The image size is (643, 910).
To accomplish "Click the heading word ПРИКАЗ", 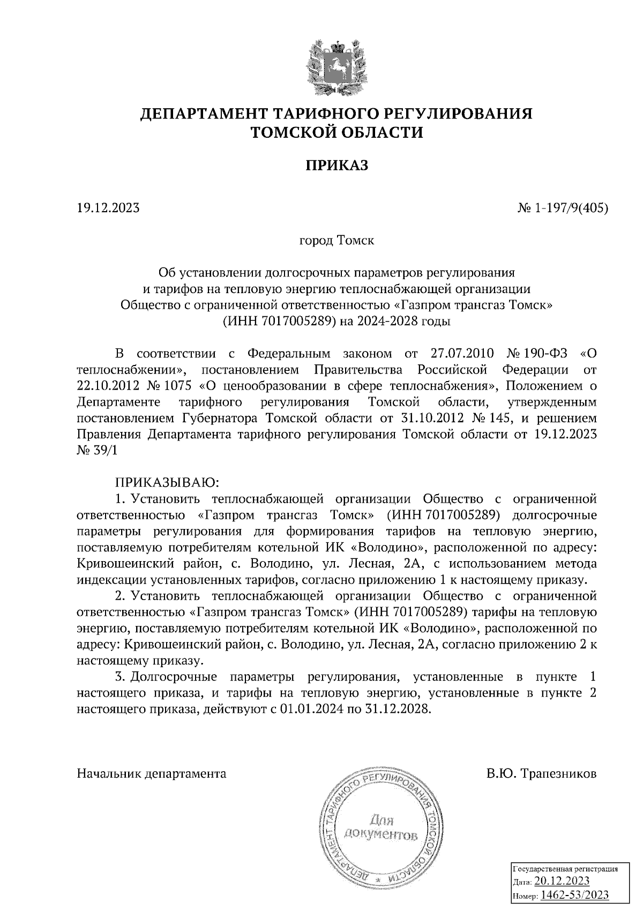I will (337, 166).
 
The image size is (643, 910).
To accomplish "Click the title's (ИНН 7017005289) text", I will (278, 322).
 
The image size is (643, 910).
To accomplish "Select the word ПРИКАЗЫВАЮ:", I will (164, 482).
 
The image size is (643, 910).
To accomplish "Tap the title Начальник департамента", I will (152, 774).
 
